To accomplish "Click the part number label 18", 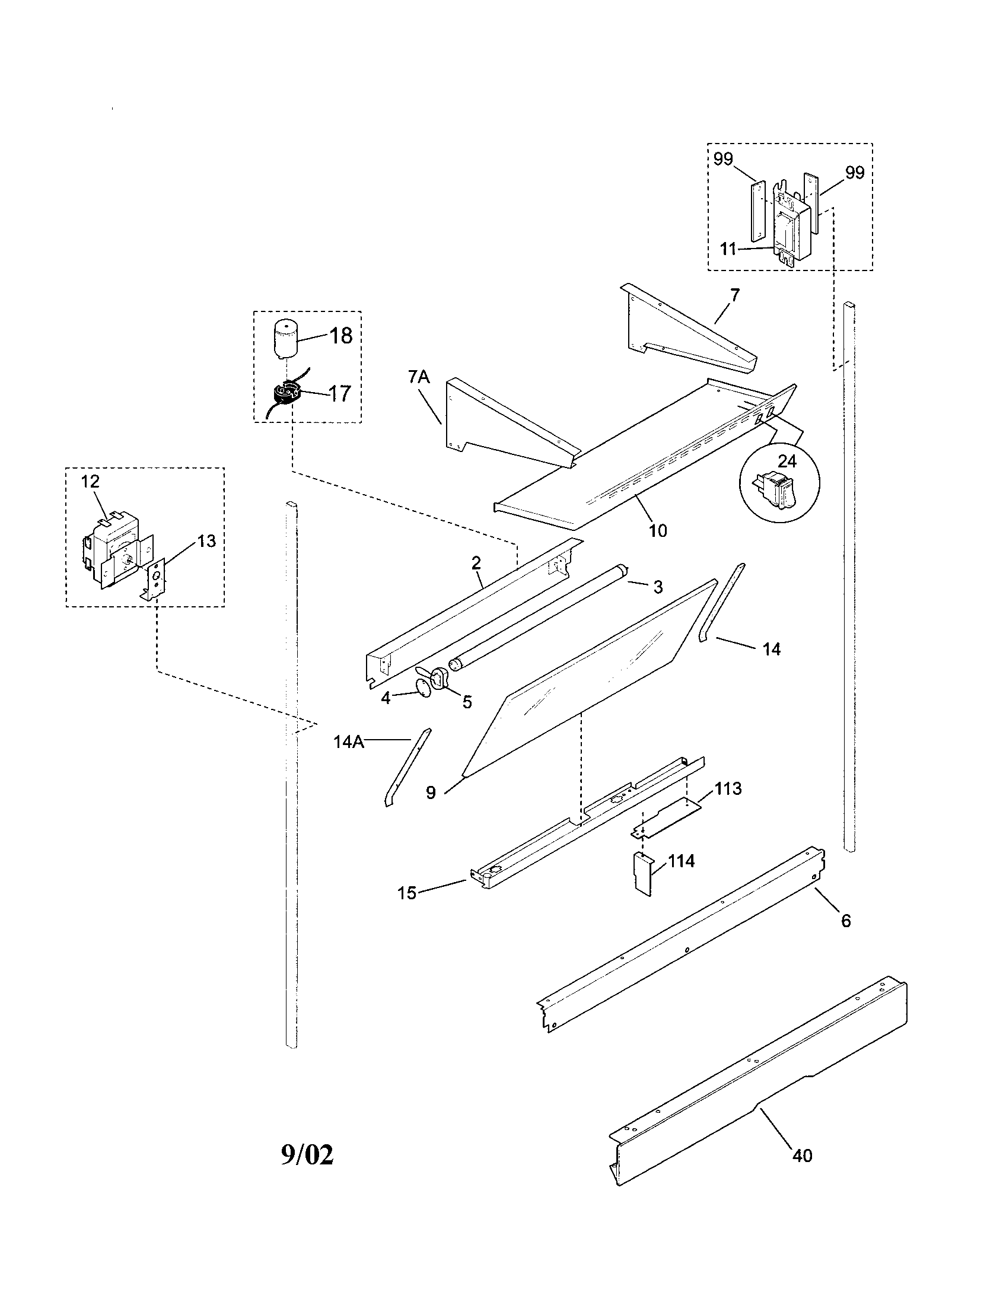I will (340, 336).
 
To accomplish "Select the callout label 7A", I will (419, 377).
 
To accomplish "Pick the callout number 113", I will (728, 788).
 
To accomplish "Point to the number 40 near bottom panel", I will (802, 1156).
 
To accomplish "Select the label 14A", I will (348, 741).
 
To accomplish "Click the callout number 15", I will (407, 894).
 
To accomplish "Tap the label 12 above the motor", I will (90, 481).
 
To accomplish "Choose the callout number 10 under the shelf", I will (657, 530).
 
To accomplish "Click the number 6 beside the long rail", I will (845, 920).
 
